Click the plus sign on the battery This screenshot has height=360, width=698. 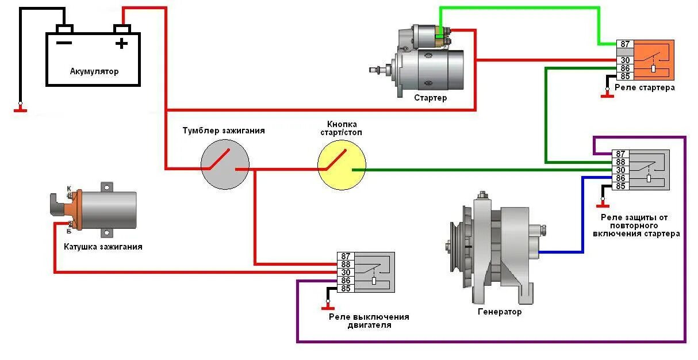tap(121, 43)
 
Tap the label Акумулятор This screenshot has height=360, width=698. tap(94, 72)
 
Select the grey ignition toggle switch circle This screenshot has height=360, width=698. tap(225, 163)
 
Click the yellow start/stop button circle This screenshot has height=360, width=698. tap(342, 166)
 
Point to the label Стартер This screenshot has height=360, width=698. tap(430, 98)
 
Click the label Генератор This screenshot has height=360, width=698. tap(500, 312)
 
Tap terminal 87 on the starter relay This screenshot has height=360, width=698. tap(625, 44)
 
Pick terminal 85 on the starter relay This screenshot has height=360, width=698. tap(625, 76)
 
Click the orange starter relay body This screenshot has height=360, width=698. tap(653, 60)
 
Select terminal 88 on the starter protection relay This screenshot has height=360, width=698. tap(620, 162)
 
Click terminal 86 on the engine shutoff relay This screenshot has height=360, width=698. tap(346, 281)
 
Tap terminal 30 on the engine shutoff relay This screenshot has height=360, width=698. tap(346, 273)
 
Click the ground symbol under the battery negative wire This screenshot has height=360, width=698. tap(20, 109)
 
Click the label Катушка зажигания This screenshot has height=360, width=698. tap(103, 247)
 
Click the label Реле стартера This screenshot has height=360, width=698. tap(645, 88)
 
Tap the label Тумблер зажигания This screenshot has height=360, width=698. tap(224, 131)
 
